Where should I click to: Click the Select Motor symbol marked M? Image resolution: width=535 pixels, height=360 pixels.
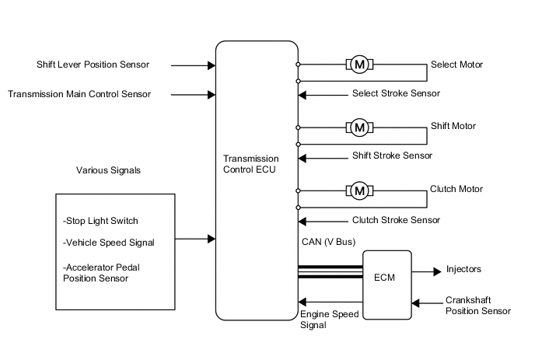pyautogui.click(x=359, y=65)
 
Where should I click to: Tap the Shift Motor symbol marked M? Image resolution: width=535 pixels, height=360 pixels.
pyautogui.click(x=359, y=127)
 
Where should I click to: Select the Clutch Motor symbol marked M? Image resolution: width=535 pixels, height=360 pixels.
pyautogui.click(x=359, y=190)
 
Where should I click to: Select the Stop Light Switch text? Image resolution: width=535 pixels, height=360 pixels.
pyautogui.click(x=100, y=221)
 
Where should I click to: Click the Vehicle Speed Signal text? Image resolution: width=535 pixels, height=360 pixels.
pyautogui.click(x=108, y=243)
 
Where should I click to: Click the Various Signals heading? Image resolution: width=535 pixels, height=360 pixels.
pyautogui.click(x=108, y=170)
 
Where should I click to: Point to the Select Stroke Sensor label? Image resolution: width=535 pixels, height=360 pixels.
pyautogui.click(x=396, y=94)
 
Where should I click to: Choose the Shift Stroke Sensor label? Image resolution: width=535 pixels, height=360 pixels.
pyautogui.click(x=392, y=156)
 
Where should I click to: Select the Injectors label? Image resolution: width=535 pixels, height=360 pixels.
pyautogui.click(x=463, y=270)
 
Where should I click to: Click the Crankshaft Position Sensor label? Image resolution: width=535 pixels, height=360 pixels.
pyautogui.click(x=477, y=305)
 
